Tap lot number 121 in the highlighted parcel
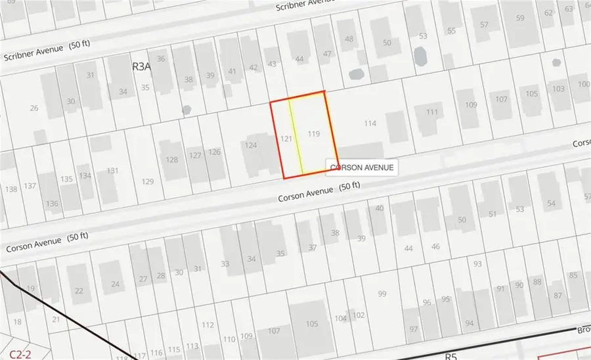click(x=286, y=139)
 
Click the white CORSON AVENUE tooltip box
click(x=362, y=168)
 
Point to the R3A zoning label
click(x=142, y=66)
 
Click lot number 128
click(x=172, y=160)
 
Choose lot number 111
click(x=431, y=112)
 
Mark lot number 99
click(x=383, y=294)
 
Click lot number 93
click(x=477, y=264)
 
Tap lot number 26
click(x=34, y=108)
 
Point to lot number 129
click(x=148, y=181)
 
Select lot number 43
click(x=272, y=64)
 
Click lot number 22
click(x=79, y=291)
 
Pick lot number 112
click(x=208, y=325)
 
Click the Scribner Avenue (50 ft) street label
click(x=42, y=49)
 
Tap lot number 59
click(x=520, y=18)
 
